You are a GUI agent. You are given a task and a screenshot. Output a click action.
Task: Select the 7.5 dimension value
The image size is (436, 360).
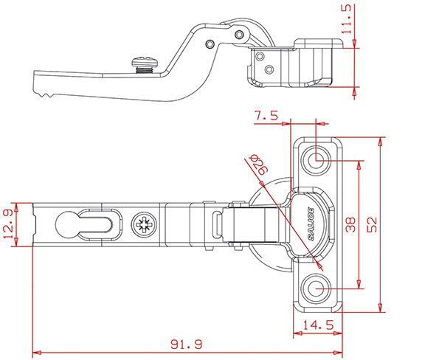265,116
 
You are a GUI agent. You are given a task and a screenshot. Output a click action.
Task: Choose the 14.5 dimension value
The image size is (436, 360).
317,324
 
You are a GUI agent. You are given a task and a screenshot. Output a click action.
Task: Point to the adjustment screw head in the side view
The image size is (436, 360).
144,63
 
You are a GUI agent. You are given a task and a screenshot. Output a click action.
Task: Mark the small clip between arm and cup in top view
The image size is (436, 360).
217,224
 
